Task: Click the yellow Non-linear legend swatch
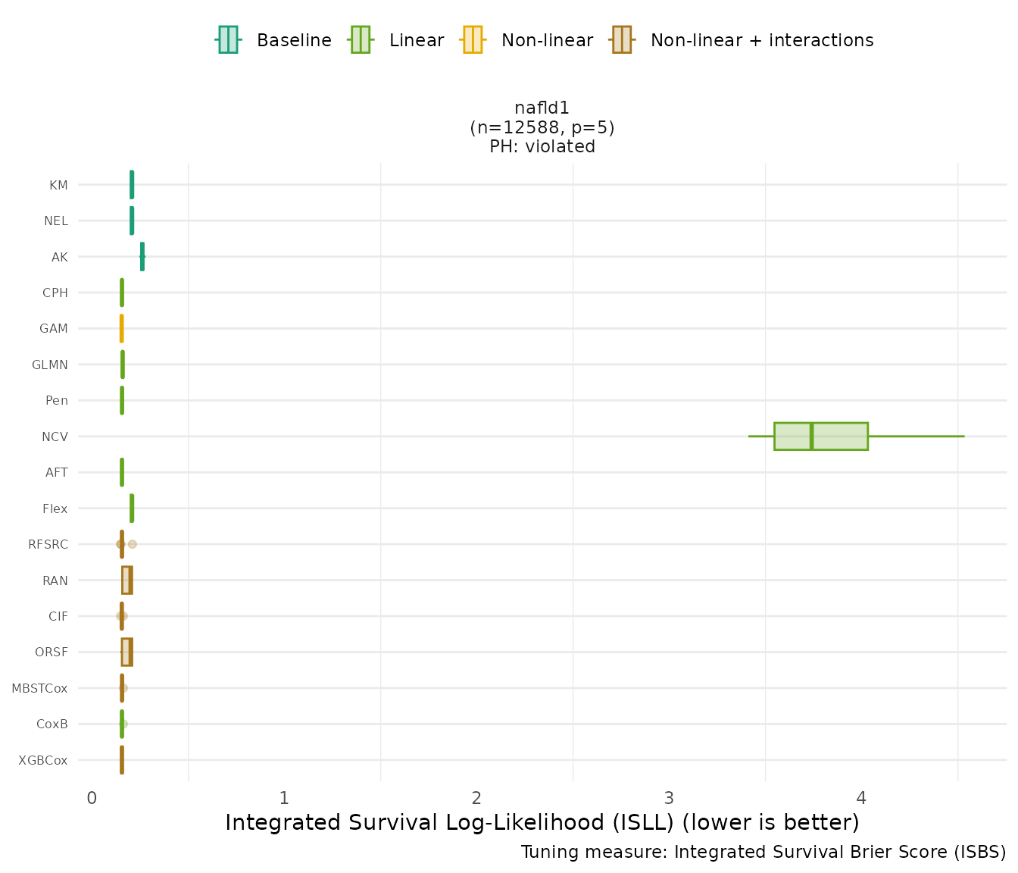coord(472,40)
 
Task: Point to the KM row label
coord(58,185)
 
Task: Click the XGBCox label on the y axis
coord(43,760)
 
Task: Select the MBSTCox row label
coord(39,688)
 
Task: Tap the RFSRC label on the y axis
coord(48,544)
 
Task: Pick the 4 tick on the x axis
coord(861,798)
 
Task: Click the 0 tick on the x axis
coord(92,798)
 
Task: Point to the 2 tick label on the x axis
coord(476,798)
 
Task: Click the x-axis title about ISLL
coord(542,822)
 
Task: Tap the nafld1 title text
coord(542,108)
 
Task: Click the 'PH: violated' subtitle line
coord(542,147)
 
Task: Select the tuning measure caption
coord(763,853)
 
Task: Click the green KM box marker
coord(132,185)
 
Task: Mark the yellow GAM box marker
coord(121,329)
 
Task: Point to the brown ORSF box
coord(127,652)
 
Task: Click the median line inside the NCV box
coord(811,436)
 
